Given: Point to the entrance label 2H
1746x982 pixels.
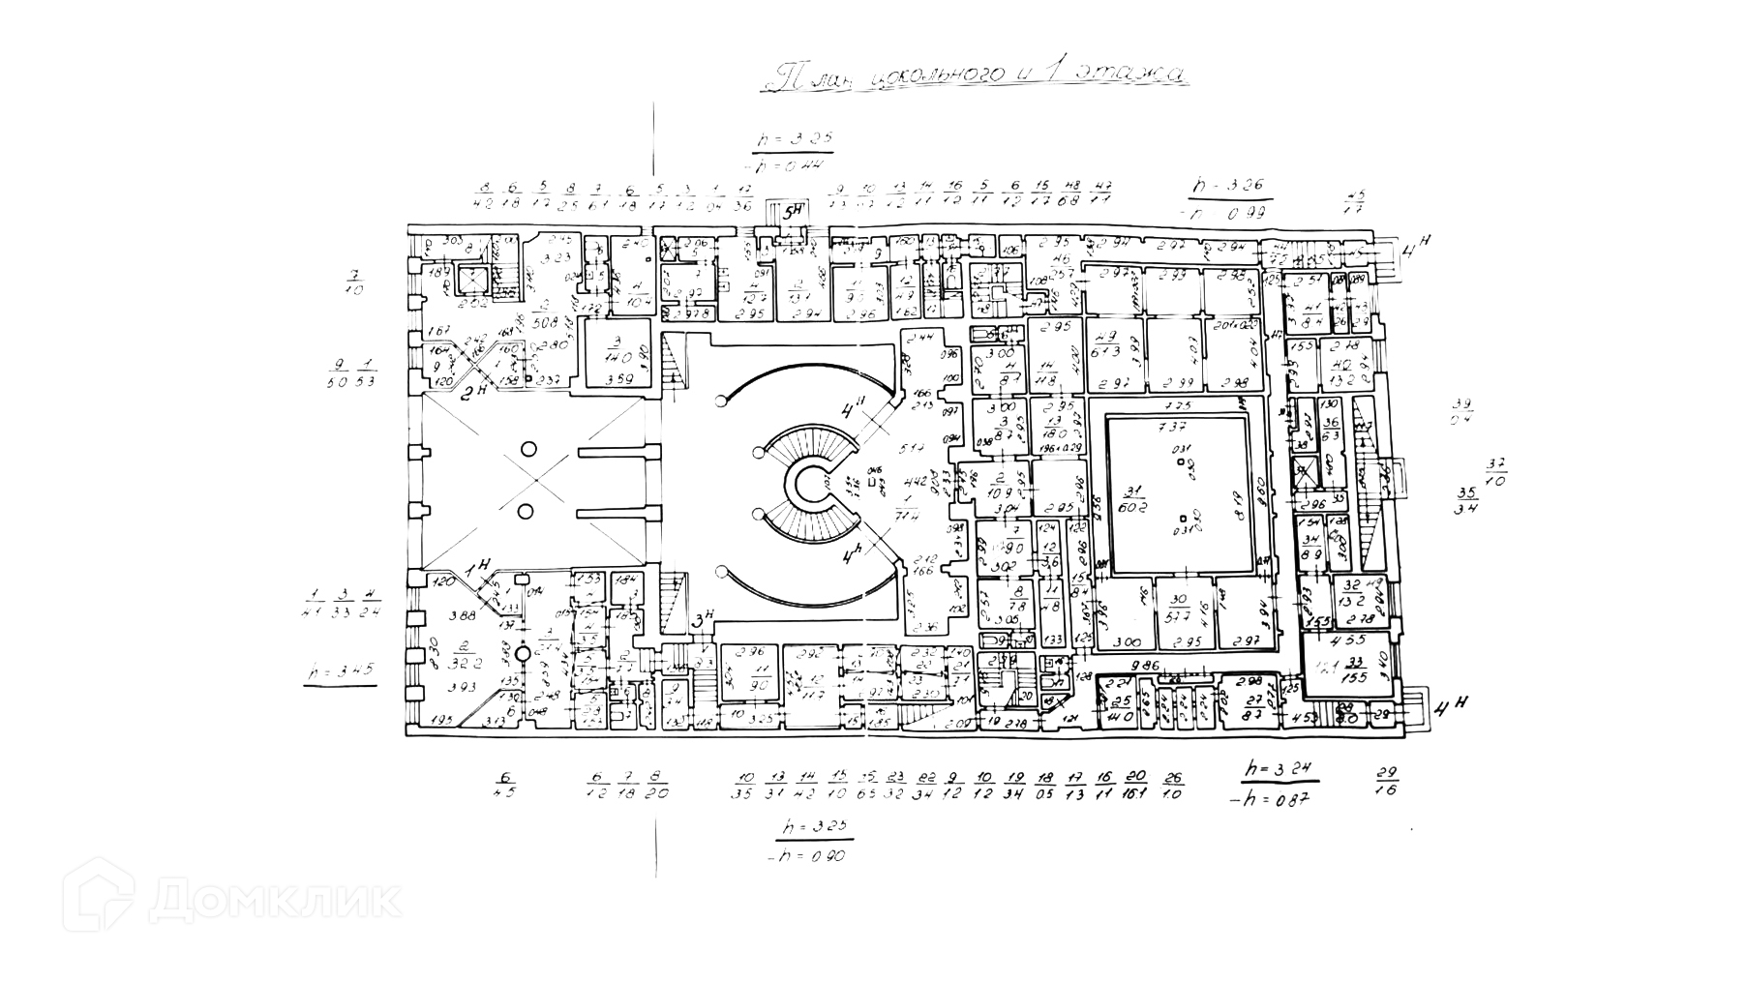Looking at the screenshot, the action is coord(473,392).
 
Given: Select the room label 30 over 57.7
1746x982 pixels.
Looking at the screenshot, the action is coord(1178,607).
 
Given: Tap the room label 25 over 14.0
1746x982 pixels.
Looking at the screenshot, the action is coord(1122,709).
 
